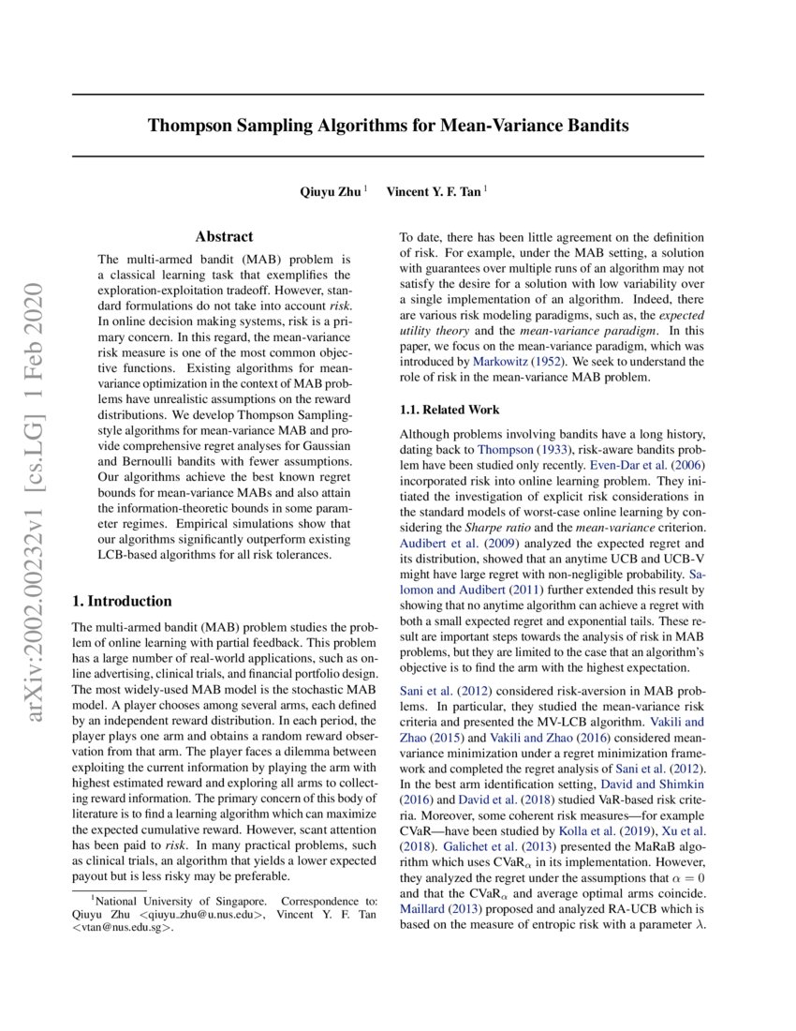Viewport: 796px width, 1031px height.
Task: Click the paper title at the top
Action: pos(388,125)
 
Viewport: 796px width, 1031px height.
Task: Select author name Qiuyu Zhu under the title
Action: pos(331,191)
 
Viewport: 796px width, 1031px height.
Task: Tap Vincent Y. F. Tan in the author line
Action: pos(434,191)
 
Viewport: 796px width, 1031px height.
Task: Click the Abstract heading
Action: pos(223,237)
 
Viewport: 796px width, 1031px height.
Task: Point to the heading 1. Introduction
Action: pos(122,601)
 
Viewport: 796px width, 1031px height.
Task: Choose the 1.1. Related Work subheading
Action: pos(449,410)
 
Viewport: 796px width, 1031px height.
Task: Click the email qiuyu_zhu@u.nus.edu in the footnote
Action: pos(192,916)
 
